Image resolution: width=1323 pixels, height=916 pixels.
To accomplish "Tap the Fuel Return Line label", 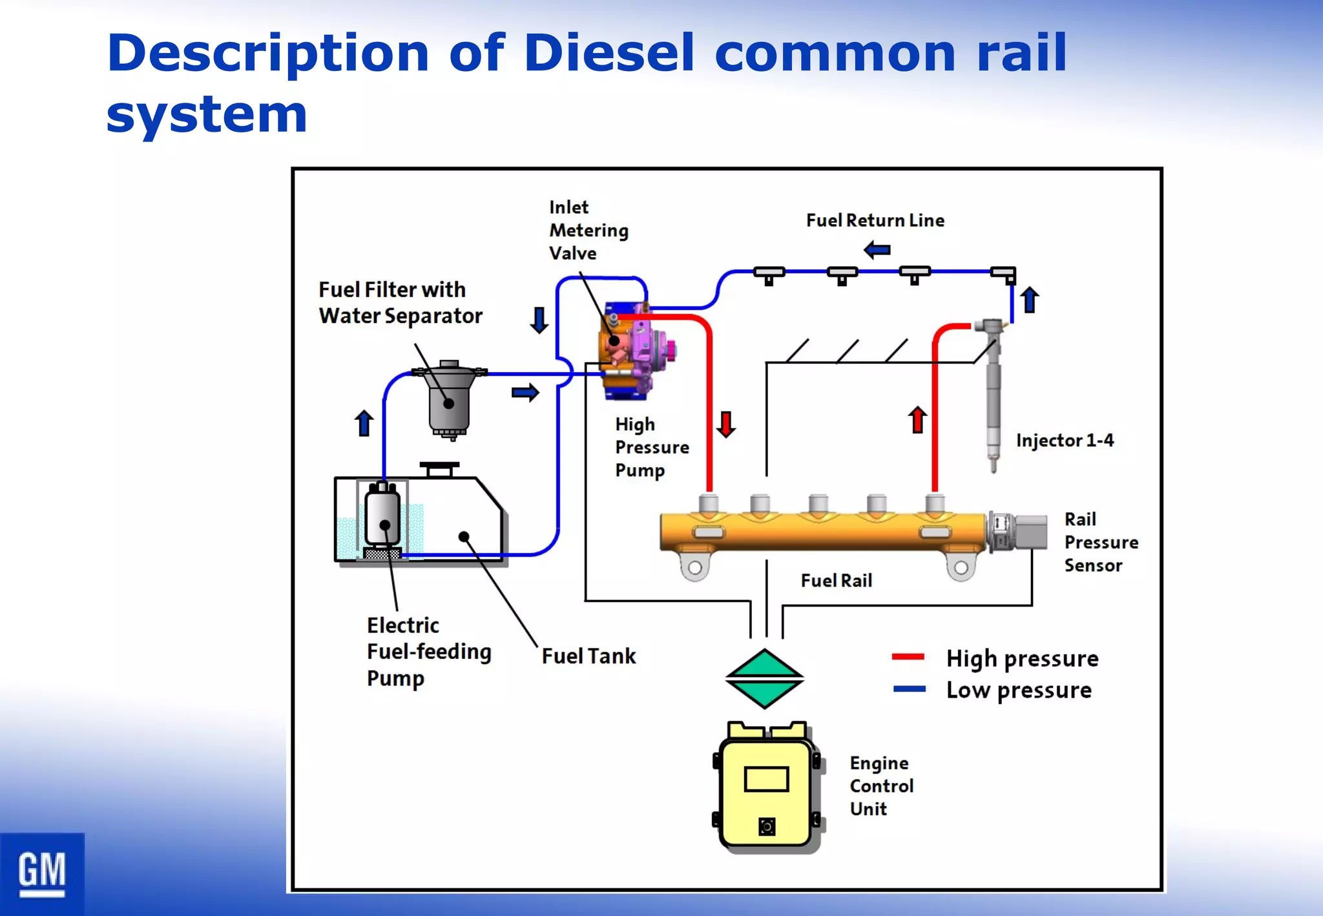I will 875,220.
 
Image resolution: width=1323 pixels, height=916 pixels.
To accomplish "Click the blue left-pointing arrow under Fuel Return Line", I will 877,249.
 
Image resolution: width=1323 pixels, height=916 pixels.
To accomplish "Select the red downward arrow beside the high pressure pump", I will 726,424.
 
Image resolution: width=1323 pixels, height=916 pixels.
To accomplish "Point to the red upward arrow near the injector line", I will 917,419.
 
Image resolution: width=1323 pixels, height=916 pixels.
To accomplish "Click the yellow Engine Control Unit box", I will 766,791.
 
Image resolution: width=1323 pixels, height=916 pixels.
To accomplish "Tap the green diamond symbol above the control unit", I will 765,678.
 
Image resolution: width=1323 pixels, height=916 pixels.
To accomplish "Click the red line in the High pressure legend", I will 908,657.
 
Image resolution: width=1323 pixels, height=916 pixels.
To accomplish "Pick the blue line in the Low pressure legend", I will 909,689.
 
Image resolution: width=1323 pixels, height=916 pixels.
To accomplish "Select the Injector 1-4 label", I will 1065,441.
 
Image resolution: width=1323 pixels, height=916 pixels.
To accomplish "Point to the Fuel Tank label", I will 589,656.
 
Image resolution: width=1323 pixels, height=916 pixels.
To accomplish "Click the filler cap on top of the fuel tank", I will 439,468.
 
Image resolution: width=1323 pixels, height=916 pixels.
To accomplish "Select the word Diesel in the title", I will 609,53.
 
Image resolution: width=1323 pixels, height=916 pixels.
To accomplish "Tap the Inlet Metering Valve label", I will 588,230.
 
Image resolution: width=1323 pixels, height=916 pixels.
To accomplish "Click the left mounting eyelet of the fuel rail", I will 695,567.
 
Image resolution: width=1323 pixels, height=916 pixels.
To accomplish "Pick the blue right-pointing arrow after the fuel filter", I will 525,392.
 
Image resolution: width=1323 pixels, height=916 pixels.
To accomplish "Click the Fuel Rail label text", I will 836,581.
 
